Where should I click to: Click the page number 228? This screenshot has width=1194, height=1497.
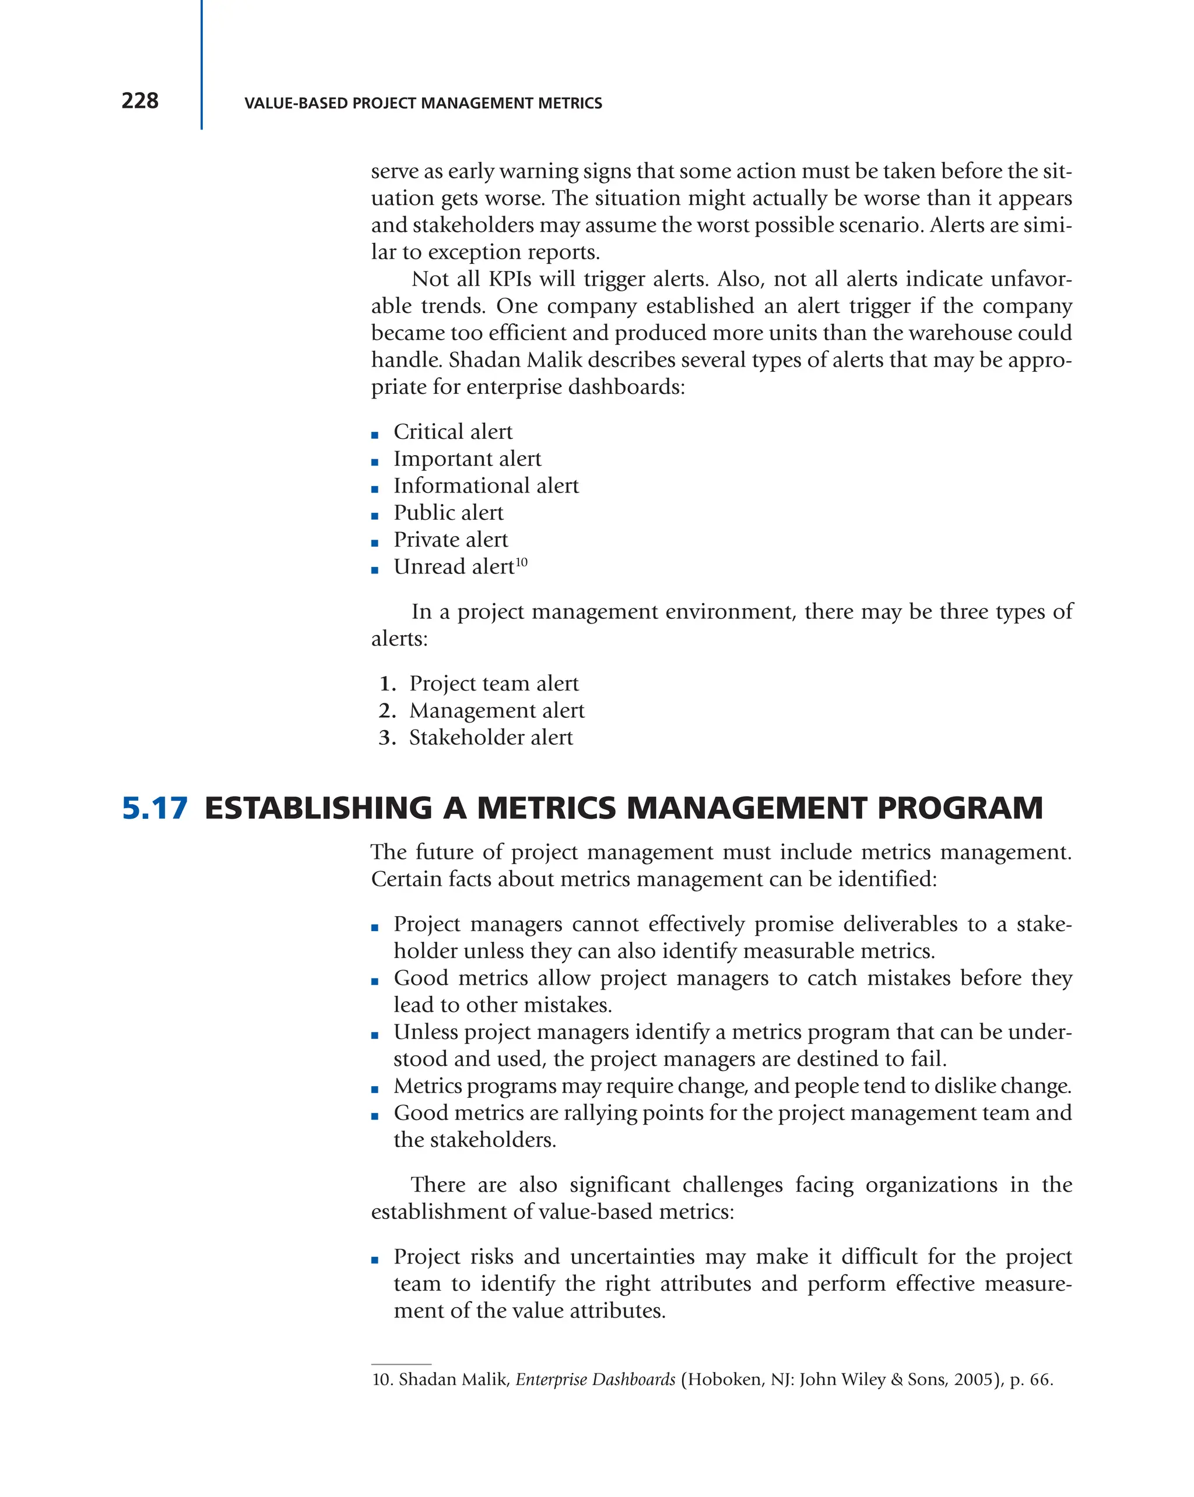pos(139,101)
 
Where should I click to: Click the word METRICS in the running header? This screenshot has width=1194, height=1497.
pos(574,104)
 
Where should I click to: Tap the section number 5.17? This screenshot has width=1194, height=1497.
pos(154,808)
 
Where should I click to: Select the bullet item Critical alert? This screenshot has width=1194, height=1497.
pos(452,432)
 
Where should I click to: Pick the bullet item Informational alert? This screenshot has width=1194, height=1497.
pos(486,486)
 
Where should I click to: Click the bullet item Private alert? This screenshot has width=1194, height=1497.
pos(450,540)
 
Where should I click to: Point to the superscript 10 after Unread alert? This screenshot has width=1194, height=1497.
pos(522,561)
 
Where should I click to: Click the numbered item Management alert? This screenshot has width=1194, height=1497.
pos(496,710)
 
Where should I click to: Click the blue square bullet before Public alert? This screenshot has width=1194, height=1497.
pos(375,516)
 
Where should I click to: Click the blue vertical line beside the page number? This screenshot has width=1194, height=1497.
pos(202,65)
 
